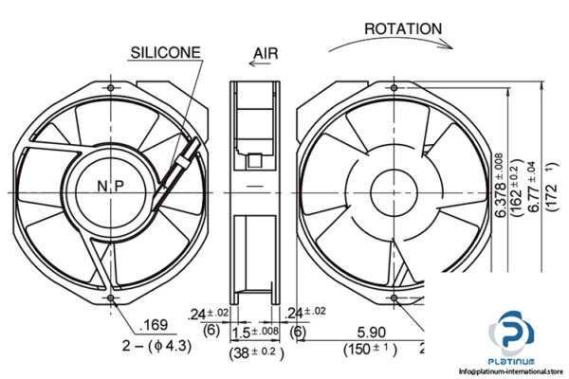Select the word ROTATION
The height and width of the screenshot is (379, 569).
point(403,29)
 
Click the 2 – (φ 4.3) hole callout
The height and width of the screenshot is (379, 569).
point(156,346)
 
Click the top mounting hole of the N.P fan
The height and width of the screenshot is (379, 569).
point(111,87)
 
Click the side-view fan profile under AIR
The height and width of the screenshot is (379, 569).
point(257,189)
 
